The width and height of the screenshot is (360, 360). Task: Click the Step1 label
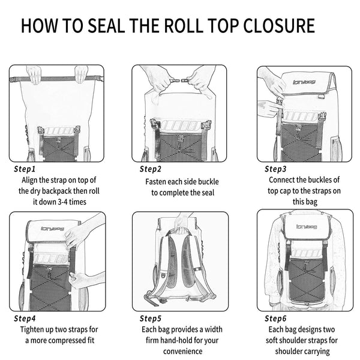click(x=25, y=169)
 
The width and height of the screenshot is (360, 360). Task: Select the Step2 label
click(x=151, y=169)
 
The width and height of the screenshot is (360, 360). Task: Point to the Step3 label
click(x=276, y=169)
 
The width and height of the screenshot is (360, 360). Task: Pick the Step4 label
click(x=25, y=318)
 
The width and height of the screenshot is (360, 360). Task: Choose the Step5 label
click(x=151, y=318)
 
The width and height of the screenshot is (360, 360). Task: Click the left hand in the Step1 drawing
click(x=35, y=74)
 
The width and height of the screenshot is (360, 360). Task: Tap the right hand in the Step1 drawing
click(x=81, y=74)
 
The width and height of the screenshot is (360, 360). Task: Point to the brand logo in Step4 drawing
click(x=52, y=228)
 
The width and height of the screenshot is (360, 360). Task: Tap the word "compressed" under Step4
click(x=62, y=340)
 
